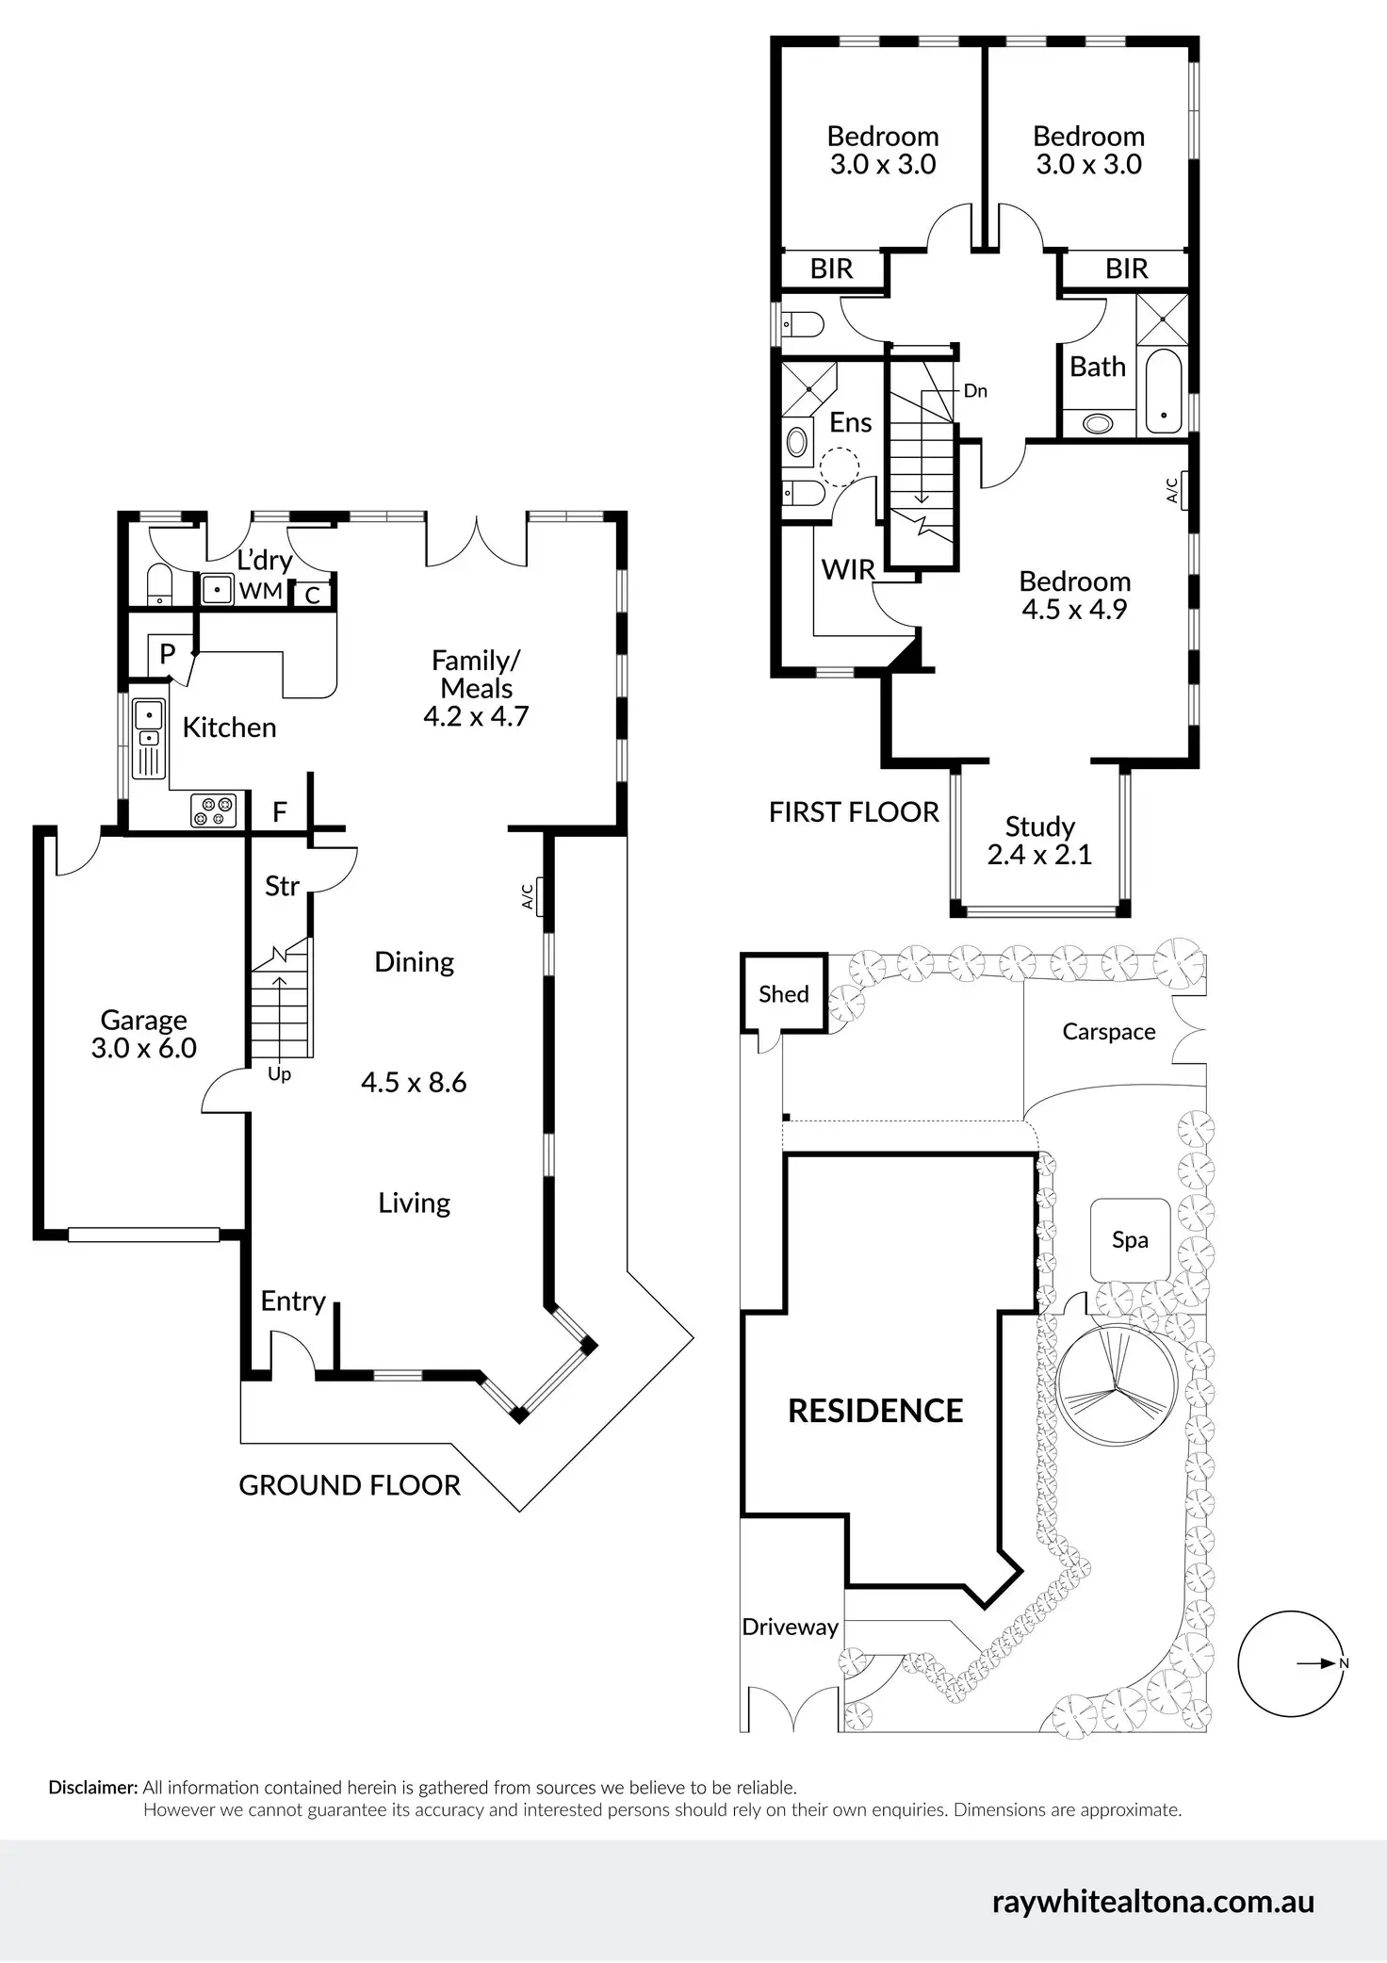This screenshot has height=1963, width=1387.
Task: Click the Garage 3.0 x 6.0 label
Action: (x=144, y=1034)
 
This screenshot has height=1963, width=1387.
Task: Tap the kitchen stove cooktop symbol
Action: (x=213, y=811)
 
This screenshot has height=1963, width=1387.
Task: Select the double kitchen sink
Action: (x=148, y=738)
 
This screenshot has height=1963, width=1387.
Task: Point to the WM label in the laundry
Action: (x=261, y=591)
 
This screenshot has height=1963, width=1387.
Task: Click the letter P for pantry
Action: (x=168, y=653)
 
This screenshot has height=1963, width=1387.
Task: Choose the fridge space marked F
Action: (x=280, y=812)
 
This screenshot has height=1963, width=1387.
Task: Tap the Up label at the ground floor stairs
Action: (x=279, y=1074)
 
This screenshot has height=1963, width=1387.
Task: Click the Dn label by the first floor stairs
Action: (x=975, y=391)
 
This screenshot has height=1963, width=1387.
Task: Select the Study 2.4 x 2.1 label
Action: (x=1039, y=841)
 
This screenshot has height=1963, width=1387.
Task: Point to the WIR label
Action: (x=848, y=569)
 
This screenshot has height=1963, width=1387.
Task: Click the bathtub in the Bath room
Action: (x=1165, y=392)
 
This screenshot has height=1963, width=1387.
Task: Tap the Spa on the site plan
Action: (x=1130, y=1239)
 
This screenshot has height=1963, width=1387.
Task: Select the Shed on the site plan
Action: (x=783, y=994)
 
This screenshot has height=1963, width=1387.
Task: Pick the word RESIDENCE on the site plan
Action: (x=875, y=1411)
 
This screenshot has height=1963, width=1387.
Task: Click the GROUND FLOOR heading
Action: (x=350, y=1485)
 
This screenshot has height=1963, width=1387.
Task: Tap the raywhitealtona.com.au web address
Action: (x=1152, y=1902)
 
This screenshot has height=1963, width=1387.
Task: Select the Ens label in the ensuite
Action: (x=850, y=422)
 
